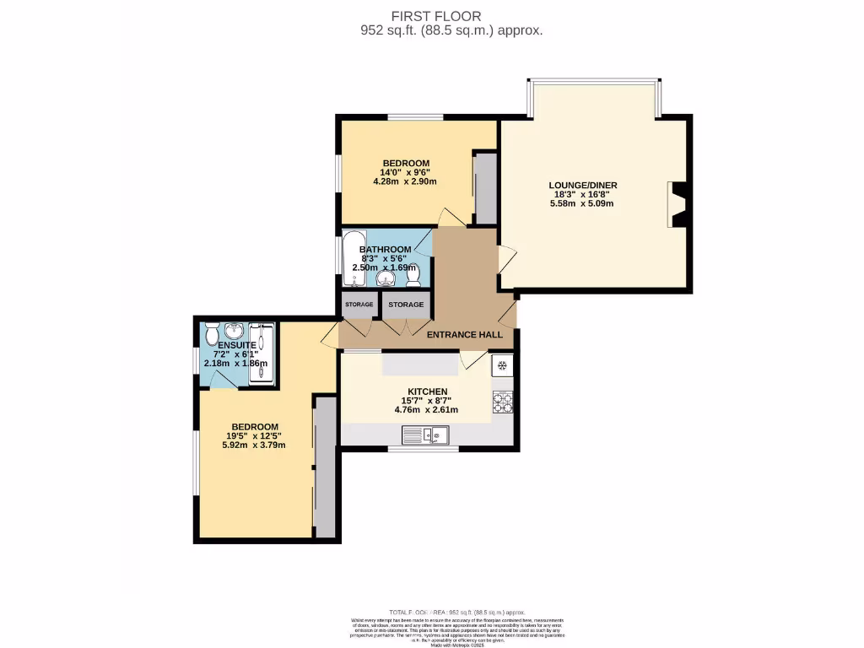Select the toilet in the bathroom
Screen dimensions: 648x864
tap(413, 276)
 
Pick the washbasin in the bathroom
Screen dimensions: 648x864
tap(387, 278)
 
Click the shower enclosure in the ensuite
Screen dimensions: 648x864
tap(262, 354)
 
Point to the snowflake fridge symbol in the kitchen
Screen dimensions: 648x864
tap(502, 366)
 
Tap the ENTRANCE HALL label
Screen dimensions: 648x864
tap(464, 335)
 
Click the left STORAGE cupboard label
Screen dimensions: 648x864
tap(359, 305)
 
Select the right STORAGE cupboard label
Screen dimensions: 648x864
tap(406, 305)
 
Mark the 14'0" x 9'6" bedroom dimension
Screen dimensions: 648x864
tap(406, 173)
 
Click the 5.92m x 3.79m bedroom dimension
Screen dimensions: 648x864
tap(255, 445)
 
